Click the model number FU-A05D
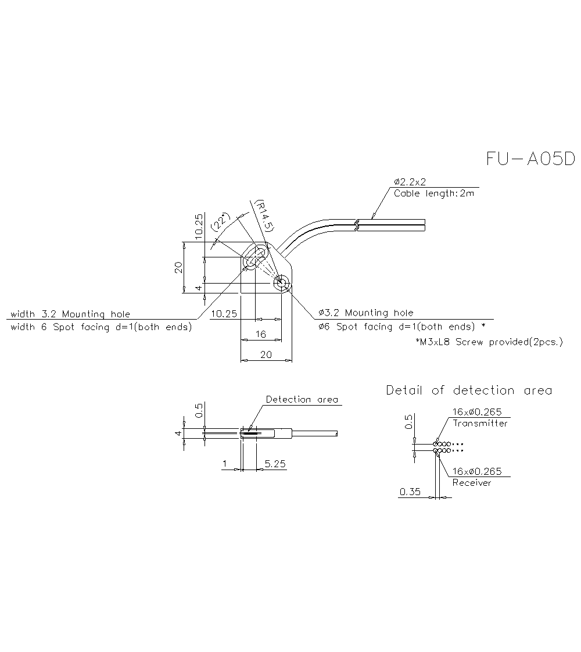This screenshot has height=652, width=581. pos(530,159)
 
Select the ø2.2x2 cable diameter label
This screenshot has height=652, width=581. pos(414,182)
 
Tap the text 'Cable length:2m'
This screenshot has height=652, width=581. pos(433,194)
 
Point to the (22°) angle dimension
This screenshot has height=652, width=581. pos(221,223)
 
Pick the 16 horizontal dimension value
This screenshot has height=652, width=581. pos(261,334)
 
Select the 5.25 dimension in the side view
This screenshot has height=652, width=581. pos(274,464)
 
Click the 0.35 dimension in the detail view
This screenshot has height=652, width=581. pos(410,492)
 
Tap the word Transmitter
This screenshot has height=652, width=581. pos(480,424)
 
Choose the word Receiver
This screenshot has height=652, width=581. pos(471,483)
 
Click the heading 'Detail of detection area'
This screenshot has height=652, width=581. pos(469,391)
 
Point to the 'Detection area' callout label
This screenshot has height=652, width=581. pos(302,400)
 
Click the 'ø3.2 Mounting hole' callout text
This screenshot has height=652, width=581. pos(366,313)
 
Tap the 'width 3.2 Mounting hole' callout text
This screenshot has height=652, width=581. pos(70,314)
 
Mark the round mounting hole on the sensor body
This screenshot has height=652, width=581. pos(282,283)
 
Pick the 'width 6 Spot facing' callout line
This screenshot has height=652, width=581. pos(102,327)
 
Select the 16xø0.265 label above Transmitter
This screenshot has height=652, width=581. pos(477,413)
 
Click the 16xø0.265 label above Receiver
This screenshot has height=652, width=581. pos(477,471)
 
